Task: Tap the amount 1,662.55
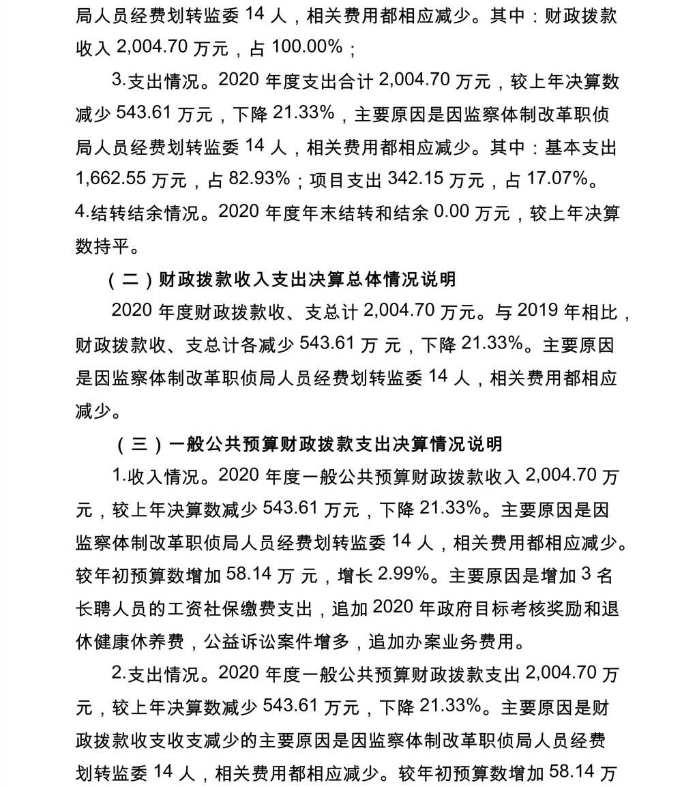click(110, 179)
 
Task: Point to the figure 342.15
click(415, 179)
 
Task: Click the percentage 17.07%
click(557, 179)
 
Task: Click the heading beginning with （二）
click(280, 279)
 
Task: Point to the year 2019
click(538, 312)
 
